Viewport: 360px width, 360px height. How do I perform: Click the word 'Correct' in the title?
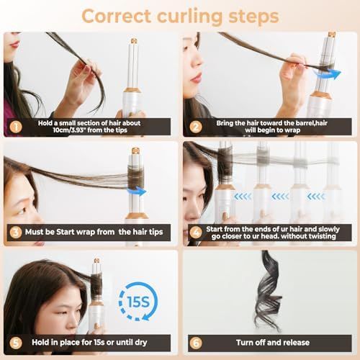(116, 16)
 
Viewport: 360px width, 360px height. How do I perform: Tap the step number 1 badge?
(16, 127)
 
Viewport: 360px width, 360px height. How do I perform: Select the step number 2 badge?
(196, 127)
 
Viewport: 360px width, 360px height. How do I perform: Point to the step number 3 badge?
(16, 233)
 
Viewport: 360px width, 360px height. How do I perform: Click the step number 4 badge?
(196, 233)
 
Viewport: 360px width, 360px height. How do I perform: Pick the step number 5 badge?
(16, 343)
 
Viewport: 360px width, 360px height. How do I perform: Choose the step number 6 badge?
(196, 343)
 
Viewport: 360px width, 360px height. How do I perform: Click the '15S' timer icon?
(138, 302)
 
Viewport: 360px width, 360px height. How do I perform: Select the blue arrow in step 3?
(137, 192)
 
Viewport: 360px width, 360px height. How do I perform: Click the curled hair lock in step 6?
(269, 290)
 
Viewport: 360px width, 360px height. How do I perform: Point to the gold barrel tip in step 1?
(134, 41)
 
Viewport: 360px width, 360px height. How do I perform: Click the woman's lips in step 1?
(15, 45)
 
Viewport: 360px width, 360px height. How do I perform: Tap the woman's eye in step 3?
(22, 211)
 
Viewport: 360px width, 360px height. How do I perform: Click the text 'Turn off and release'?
(273, 343)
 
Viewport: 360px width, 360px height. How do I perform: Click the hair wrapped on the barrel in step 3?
(135, 177)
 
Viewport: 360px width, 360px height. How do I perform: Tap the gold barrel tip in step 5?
(96, 261)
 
